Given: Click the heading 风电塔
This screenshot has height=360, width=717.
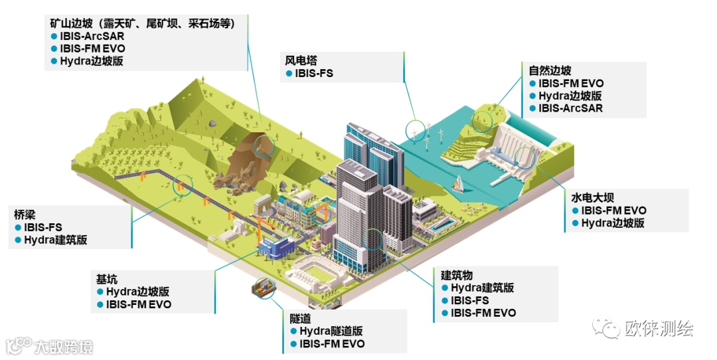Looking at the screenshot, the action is tap(301, 60).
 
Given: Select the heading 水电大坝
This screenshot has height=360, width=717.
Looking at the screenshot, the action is tap(592, 198).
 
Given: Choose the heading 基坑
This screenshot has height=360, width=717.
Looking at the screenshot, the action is tap(106, 278).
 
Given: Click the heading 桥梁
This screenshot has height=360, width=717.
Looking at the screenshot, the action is tap(25, 215).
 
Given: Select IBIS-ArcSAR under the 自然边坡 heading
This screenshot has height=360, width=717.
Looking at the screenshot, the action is tap(570, 108).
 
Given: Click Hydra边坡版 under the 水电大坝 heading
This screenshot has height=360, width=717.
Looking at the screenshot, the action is tap(613, 223).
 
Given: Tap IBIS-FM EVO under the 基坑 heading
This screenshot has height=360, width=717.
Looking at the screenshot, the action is tap(138, 304).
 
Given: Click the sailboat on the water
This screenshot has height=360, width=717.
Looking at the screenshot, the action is tap(457, 183).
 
